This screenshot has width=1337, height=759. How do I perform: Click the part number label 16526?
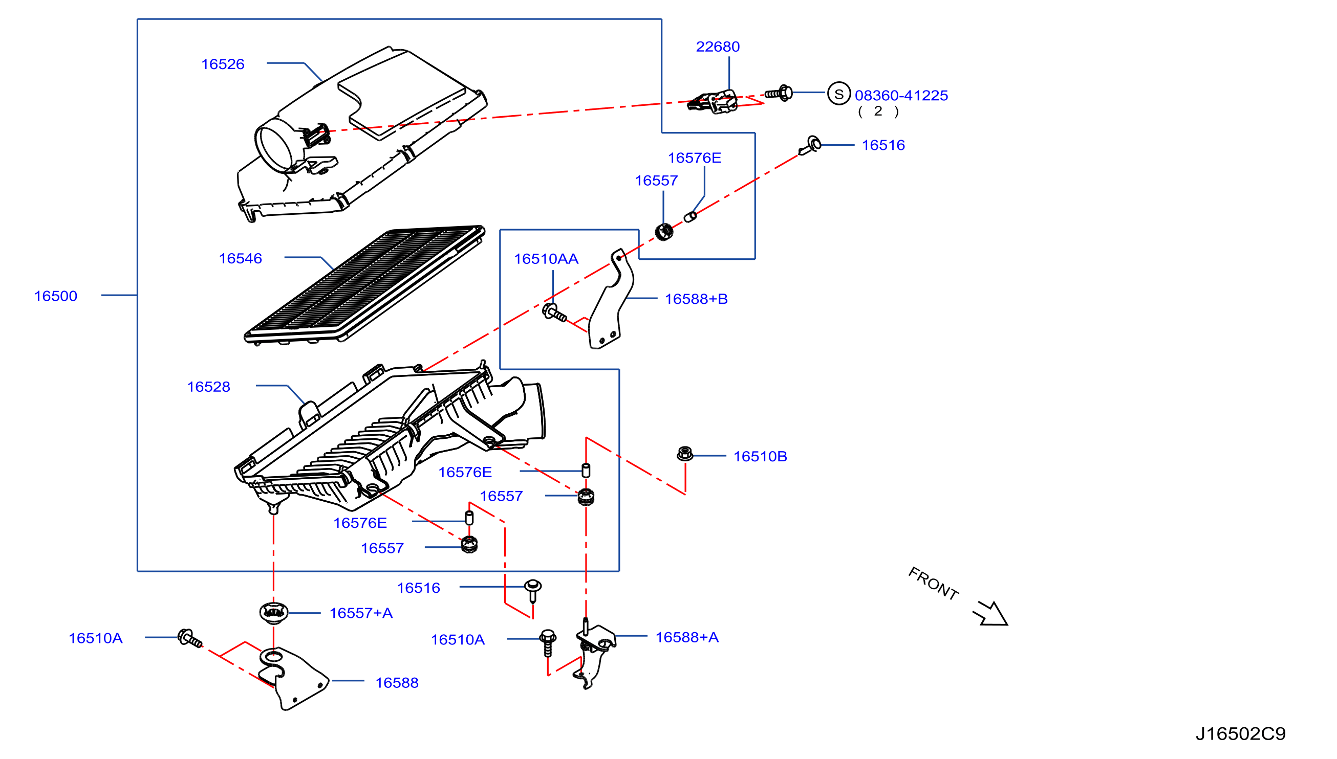click(x=223, y=64)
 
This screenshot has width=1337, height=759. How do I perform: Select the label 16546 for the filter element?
click(x=241, y=259)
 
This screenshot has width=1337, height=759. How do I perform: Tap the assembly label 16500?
click(x=56, y=296)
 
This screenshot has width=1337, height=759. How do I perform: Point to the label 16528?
click(x=209, y=387)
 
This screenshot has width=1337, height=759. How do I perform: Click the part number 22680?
click(x=718, y=47)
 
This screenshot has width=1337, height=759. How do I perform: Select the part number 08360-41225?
click(x=901, y=96)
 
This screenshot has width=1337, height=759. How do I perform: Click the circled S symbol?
click(x=839, y=94)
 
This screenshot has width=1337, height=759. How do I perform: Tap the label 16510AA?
click(x=546, y=259)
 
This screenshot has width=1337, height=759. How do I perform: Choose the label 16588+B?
click(x=697, y=299)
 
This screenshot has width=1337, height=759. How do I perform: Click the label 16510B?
click(x=761, y=457)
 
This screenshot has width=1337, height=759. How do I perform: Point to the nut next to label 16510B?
click(x=685, y=454)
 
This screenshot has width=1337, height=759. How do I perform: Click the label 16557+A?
click(x=361, y=613)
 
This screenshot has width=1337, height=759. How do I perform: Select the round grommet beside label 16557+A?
click(x=273, y=612)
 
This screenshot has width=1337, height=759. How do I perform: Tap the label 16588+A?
click(x=687, y=638)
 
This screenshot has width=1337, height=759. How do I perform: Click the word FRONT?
click(x=933, y=584)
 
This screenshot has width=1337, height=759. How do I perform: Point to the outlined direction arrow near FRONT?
click(x=991, y=614)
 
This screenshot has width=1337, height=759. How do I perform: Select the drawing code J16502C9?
click(x=1240, y=734)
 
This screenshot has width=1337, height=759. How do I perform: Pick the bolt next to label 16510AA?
click(x=554, y=314)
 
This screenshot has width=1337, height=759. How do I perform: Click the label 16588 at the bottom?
click(x=397, y=683)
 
